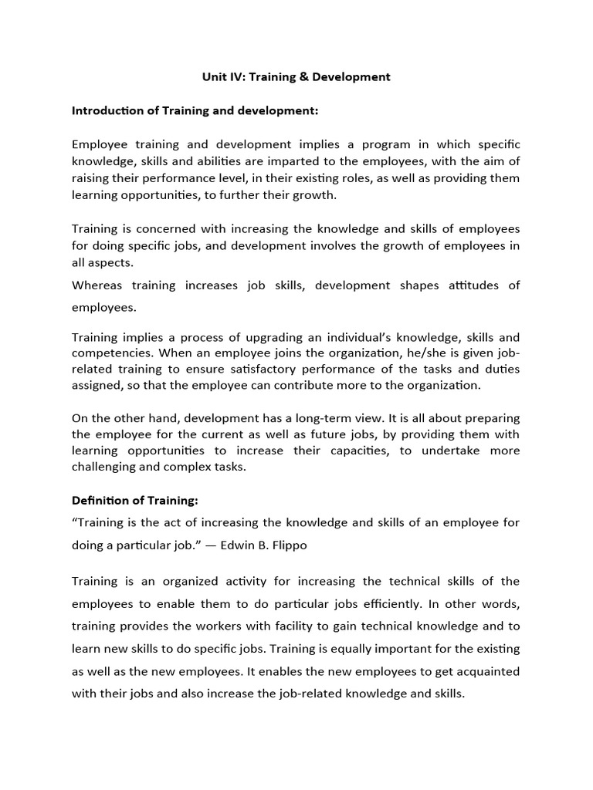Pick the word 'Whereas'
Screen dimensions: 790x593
click(97, 285)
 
